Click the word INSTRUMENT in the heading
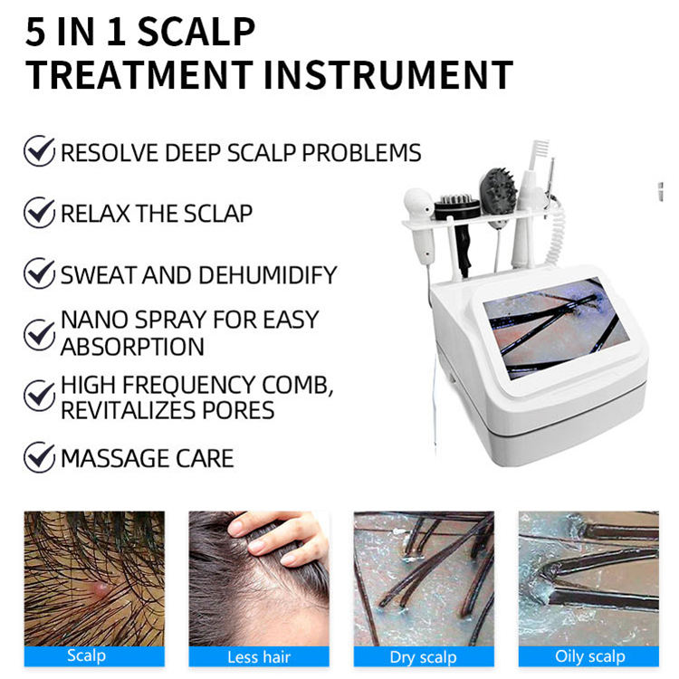tap(388, 75)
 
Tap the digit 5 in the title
tap(35, 32)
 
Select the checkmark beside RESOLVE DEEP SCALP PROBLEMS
tap(40, 150)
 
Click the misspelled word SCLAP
tap(218, 214)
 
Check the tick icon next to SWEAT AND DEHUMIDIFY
tap(40, 273)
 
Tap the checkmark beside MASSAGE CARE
tap(40, 457)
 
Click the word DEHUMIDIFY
tap(267, 274)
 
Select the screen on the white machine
tap(556, 329)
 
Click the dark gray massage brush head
tap(499, 191)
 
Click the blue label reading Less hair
tap(259, 657)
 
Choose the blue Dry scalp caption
tap(424, 657)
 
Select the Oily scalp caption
tap(589, 657)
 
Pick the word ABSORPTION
tap(132, 347)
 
